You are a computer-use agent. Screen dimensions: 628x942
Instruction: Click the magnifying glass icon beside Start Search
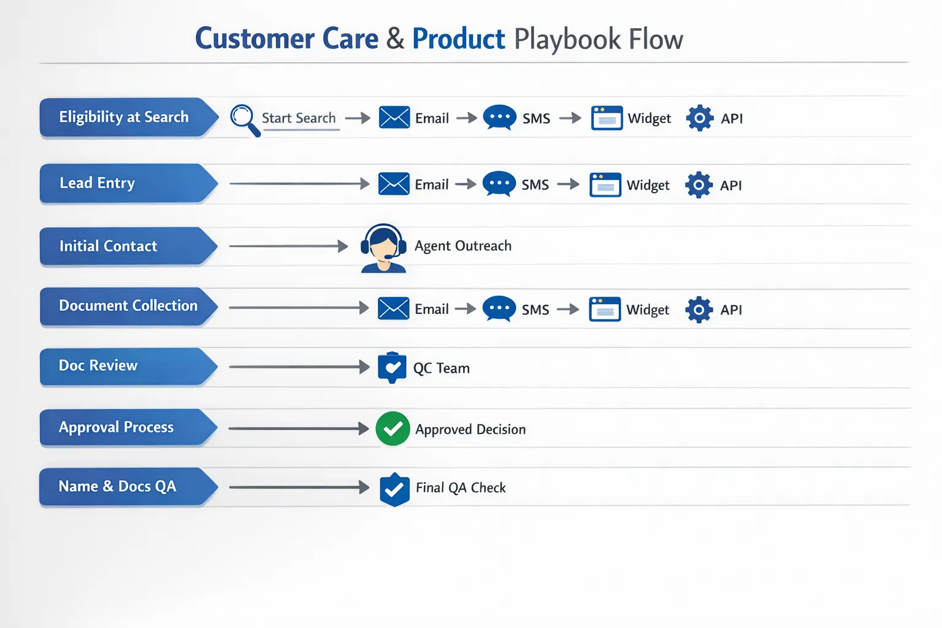[244, 119]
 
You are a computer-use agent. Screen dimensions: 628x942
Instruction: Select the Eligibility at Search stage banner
[126, 117]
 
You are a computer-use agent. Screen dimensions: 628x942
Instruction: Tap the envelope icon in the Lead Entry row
[394, 184]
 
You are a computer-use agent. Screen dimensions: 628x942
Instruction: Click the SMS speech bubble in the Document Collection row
[499, 308]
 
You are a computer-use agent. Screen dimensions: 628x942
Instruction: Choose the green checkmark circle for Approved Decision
[392, 429]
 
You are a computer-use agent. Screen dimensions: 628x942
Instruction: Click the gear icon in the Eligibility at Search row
[699, 118]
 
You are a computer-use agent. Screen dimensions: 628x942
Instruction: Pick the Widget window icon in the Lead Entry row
[605, 185]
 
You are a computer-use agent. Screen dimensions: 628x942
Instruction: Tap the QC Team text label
[441, 368]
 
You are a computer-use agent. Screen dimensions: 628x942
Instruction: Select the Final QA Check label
[461, 488]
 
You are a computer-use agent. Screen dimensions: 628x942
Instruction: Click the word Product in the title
[458, 39]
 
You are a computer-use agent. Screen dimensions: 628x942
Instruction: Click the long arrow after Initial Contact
[288, 247]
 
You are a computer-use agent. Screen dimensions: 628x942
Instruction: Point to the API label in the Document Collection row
[731, 310]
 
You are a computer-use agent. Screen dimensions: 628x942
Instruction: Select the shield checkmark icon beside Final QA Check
[394, 489]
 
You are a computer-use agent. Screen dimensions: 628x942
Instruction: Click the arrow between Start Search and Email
[358, 118]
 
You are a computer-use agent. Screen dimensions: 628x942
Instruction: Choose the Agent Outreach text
[462, 246]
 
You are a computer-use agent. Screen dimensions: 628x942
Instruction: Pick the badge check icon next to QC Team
[392, 367]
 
